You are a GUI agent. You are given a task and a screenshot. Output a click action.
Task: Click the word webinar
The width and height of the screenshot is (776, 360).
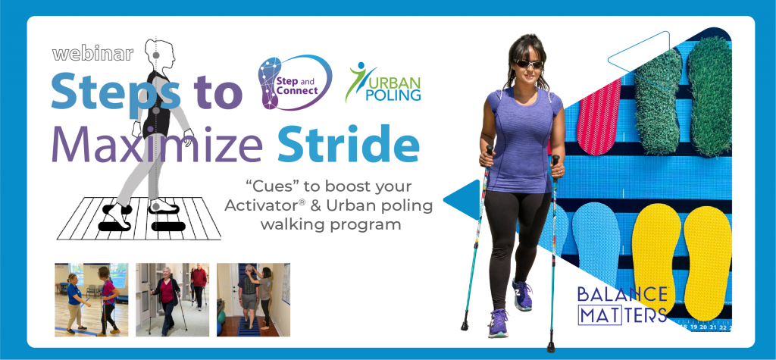[93, 54]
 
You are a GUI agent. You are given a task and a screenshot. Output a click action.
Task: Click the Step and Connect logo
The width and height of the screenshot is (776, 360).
[294, 82]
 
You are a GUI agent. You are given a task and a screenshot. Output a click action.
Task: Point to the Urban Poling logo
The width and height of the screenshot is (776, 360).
[383, 82]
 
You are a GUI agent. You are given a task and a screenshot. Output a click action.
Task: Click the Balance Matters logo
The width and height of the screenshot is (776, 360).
[623, 305]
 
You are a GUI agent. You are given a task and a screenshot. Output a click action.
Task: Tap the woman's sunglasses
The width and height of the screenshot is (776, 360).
[528, 64]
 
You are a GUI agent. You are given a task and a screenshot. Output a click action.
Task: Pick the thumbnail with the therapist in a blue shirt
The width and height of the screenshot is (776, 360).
[91, 299]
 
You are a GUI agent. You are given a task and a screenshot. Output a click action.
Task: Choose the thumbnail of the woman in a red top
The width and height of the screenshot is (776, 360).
[172, 299]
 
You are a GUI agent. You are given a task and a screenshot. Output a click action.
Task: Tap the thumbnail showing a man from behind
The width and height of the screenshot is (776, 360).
[253, 299]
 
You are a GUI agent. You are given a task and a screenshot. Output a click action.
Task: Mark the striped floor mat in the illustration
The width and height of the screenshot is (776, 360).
[139, 218]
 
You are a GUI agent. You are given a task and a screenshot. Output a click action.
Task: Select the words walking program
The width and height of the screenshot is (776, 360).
[330, 224]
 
